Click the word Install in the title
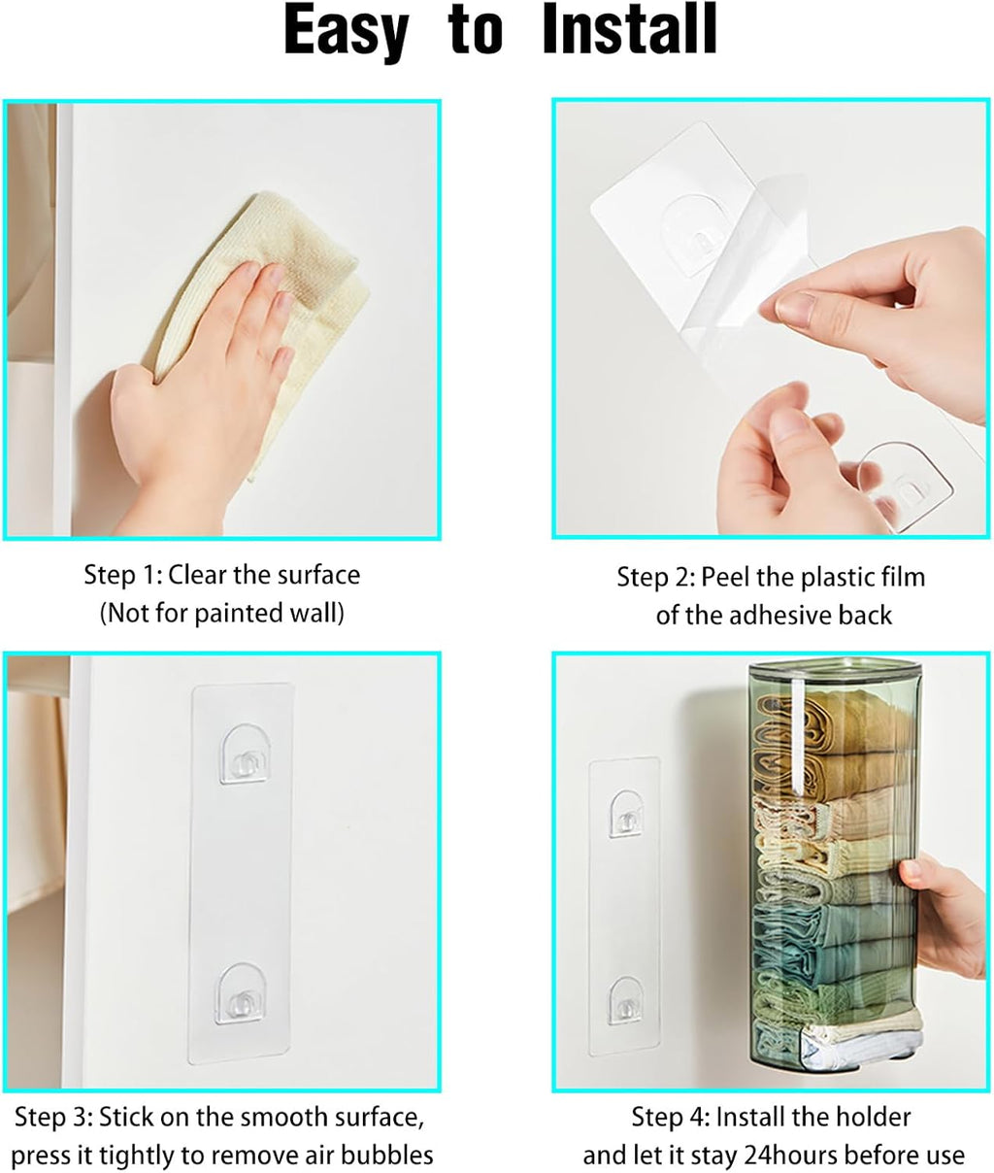click(x=629, y=31)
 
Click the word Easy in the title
click(x=347, y=31)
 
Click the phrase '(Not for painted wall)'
click(x=221, y=613)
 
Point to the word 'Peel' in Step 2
click(x=724, y=577)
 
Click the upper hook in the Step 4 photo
click(x=626, y=817)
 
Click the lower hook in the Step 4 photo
click(x=626, y=1001)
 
